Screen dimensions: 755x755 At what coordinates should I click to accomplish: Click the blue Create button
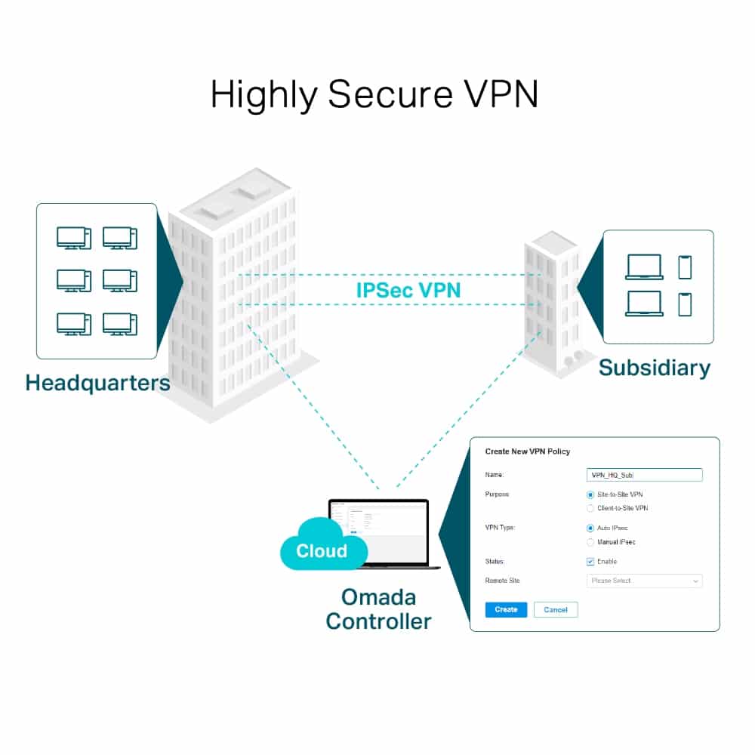[506, 609]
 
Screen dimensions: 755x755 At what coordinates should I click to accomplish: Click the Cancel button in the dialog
[556, 609]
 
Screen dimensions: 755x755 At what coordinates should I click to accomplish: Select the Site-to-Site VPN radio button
[590, 495]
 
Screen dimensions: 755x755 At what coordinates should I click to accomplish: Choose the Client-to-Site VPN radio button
[590, 508]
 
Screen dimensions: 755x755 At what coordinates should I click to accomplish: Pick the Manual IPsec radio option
[590, 542]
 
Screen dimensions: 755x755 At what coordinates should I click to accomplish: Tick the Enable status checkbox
[590, 562]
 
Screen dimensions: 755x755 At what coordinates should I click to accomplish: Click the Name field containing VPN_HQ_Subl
[644, 475]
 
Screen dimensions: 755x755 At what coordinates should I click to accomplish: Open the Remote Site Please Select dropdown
[644, 581]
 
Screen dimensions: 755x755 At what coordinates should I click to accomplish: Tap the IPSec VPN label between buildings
[408, 289]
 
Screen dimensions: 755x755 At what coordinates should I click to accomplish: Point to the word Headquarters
[97, 382]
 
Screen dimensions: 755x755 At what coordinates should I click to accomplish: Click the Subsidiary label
[655, 368]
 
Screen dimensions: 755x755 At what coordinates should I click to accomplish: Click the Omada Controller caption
[378, 609]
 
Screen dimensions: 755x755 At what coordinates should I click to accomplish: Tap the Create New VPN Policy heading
[527, 451]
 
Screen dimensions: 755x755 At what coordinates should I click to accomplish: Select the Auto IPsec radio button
[590, 528]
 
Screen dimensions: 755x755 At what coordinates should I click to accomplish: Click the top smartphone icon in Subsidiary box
[685, 267]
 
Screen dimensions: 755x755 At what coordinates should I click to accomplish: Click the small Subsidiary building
[553, 302]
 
